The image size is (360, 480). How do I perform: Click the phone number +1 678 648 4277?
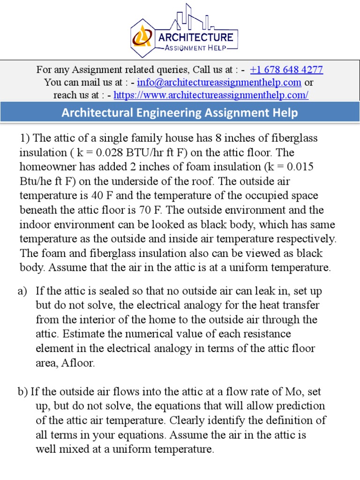[286, 70]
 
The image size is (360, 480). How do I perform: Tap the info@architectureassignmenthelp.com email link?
[219, 82]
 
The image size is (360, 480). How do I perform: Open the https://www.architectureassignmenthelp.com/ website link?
[211, 95]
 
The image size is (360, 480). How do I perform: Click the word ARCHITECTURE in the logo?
[195, 37]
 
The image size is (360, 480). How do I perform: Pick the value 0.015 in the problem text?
[297, 167]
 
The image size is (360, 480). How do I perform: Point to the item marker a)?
[23, 291]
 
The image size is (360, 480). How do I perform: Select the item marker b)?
[23, 391]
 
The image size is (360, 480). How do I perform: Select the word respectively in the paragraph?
[307, 239]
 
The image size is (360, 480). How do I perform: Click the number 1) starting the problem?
[26, 138]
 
